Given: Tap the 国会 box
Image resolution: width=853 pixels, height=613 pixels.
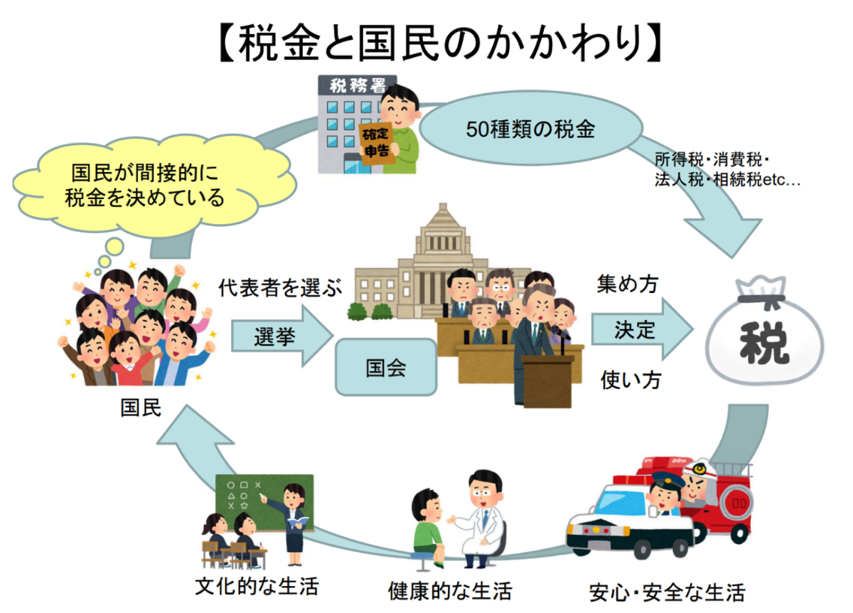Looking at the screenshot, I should (386, 367).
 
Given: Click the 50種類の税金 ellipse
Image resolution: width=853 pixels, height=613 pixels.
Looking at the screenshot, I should (530, 129).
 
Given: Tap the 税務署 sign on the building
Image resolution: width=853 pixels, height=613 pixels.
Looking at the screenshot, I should (358, 86).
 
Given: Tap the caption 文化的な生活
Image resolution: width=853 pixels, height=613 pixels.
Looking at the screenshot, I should (257, 587).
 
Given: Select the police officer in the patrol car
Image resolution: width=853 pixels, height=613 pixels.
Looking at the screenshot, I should (665, 492).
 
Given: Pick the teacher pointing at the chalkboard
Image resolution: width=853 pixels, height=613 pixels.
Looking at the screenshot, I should (293, 519).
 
